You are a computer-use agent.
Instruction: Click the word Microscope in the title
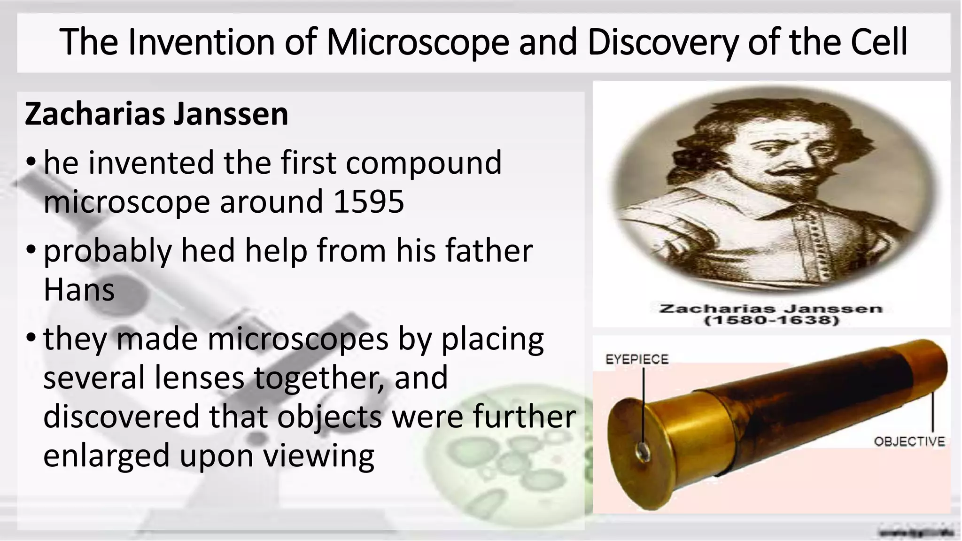pyautogui.click(x=418, y=42)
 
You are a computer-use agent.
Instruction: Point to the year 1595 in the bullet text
pyautogui.click(x=369, y=201)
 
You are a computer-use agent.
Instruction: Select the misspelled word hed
pyautogui.click(x=208, y=250)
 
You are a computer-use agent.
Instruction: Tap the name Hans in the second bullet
pyautogui.click(x=79, y=290)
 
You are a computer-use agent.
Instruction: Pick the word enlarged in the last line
pyautogui.click(x=106, y=455)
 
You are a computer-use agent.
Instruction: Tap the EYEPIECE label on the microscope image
pyautogui.click(x=636, y=359)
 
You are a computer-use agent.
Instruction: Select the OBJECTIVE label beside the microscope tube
pyautogui.click(x=909, y=441)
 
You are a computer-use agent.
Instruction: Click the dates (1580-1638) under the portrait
pyautogui.click(x=771, y=321)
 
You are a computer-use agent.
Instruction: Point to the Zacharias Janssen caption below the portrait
pyautogui.click(x=771, y=309)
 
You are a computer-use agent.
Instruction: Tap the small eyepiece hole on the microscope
pyautogui.click(x=642, y=451)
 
